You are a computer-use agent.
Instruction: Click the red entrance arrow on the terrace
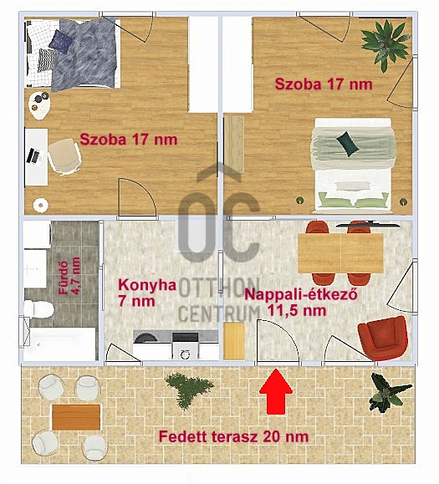tap(276, 391)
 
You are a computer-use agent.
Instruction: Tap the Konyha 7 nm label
tap(147, 293)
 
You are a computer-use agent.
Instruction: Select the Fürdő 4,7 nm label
tap(69, 276)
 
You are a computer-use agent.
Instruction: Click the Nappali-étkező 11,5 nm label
tap(301, 303)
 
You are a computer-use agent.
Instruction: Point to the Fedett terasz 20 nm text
tap(233, 437)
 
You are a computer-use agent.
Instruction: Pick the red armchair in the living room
tap(383, 338)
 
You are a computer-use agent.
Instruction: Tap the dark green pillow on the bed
tap(348, 143)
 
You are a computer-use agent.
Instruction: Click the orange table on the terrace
tap(76, 417)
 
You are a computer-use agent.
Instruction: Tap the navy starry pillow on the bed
tap(61, 41)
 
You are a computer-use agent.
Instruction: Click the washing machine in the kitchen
tap(186, 346)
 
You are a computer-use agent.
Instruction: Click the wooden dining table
tap(340, 253)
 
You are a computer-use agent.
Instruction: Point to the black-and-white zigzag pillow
tap(46, 60)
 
